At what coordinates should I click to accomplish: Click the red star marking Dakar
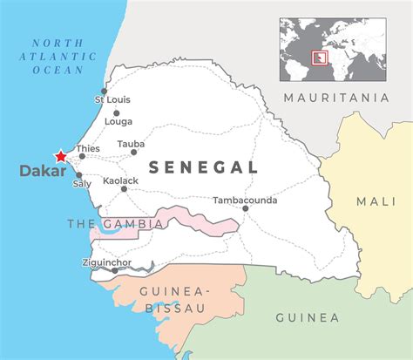[x=60, y=157]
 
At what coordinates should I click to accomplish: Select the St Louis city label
[x=112, y=100]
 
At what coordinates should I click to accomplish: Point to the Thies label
[x=89, y=149]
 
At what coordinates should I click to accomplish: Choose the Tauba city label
[x=131, y=143]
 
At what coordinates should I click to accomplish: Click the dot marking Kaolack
[x=124, y=188]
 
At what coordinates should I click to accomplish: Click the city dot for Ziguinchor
[x=115, y=270]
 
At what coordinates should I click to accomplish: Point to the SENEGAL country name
[x=203, y=167]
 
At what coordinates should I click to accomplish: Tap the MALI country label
[x=376, y=201]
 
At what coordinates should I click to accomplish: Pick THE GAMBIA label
[x=115, y=224]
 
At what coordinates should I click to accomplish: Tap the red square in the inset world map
[x=324, y=58]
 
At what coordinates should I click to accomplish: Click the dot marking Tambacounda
[x=245, y=209]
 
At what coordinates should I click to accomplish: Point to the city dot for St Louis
[x=104, y=91]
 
